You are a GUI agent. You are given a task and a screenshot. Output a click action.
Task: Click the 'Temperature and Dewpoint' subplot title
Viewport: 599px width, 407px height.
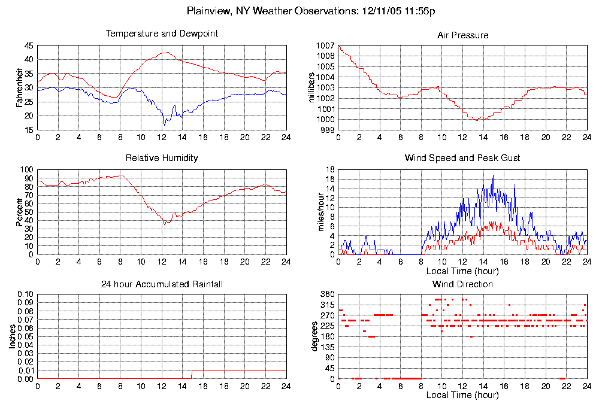point(162,34)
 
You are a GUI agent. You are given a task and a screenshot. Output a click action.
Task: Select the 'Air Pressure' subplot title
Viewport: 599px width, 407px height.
point(462,35)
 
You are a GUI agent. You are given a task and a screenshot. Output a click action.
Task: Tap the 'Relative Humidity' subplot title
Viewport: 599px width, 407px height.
point(162,158)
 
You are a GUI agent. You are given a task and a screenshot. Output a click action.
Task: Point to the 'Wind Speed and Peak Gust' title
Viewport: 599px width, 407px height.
point(462,158)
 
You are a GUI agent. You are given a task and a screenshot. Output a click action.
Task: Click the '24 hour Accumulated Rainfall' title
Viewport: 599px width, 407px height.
point(162,284)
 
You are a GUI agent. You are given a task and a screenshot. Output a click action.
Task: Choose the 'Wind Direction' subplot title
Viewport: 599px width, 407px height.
point(462,284)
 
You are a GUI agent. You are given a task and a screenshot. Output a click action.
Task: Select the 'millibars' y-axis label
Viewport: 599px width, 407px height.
point(311,88)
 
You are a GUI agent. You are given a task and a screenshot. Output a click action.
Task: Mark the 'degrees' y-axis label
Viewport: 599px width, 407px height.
point(314,336)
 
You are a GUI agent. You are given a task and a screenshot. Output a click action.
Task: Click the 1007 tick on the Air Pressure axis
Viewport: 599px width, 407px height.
point(326,45)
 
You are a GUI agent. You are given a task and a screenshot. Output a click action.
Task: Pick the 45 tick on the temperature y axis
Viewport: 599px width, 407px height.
point(29,45)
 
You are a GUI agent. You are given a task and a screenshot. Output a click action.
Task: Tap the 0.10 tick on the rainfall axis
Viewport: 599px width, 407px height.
point(26,294)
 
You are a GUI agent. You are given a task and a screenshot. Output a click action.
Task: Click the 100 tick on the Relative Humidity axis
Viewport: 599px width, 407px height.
point(27,170)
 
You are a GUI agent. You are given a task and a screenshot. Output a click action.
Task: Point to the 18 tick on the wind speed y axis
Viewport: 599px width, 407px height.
point(329,170)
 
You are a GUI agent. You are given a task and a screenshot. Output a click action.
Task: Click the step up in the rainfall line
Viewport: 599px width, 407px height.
point(192,374)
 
